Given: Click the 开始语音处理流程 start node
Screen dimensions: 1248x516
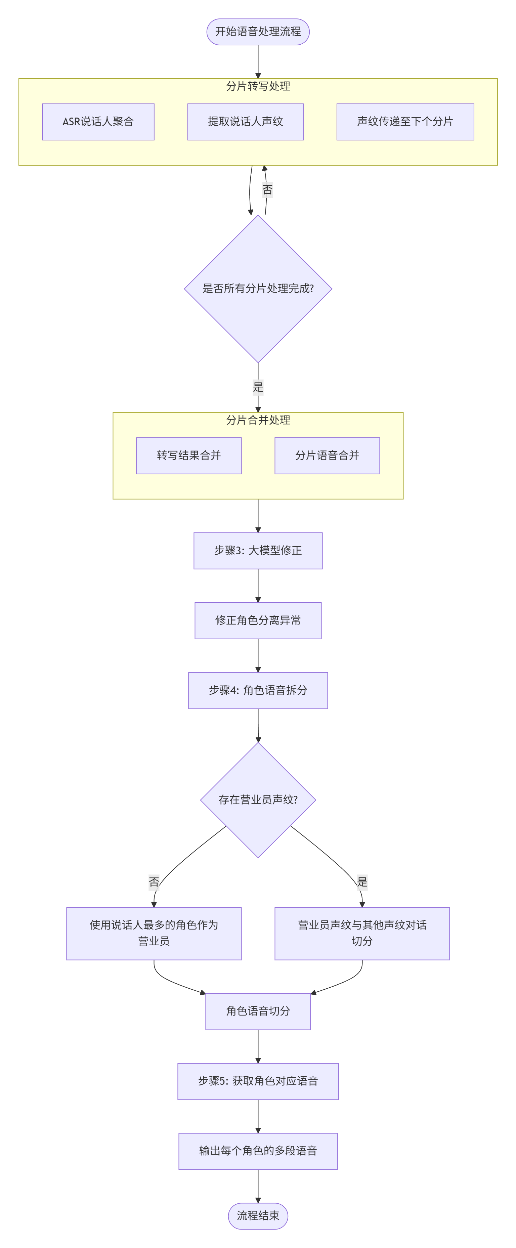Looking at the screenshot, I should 258,32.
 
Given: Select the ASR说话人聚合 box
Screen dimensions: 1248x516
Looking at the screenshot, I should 98,122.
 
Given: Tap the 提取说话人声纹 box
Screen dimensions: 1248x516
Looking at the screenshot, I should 245,122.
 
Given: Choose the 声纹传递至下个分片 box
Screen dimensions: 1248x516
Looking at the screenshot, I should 405,122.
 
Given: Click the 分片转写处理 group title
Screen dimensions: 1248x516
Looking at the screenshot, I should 258,86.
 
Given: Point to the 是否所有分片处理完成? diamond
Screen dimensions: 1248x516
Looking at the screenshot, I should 258,289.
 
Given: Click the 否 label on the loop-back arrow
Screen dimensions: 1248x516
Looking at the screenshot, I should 267,189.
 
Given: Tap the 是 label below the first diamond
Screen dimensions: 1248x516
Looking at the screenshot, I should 258,387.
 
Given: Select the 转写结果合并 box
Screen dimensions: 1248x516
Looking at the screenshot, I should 188,456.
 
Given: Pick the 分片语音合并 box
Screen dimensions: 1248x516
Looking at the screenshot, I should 327,456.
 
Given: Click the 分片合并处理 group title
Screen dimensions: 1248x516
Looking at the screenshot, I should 258,420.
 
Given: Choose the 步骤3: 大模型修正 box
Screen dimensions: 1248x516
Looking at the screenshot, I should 258,550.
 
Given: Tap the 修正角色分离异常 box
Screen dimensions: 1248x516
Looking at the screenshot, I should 258,620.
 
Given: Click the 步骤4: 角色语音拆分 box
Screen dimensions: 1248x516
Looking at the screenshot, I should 258,690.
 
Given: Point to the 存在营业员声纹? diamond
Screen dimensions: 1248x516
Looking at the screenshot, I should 258,800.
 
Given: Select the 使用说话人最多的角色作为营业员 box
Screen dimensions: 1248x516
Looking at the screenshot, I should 154,933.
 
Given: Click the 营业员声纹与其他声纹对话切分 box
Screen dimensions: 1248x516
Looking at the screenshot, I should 362,933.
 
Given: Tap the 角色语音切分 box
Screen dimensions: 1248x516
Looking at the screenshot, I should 258,1011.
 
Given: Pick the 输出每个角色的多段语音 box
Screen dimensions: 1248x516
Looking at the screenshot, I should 258,1151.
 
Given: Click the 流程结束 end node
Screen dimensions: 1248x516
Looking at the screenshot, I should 258,1215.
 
